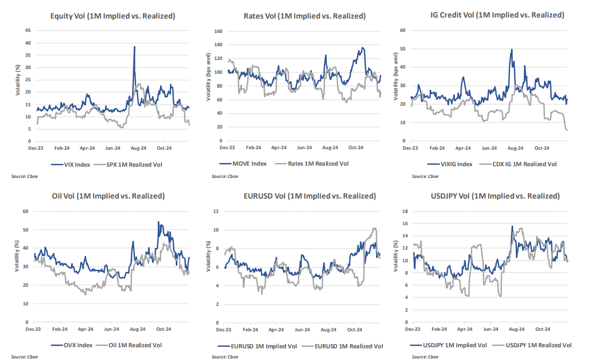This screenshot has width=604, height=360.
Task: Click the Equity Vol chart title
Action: click(113, 16)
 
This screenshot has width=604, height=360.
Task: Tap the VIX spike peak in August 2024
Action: click(134, 47)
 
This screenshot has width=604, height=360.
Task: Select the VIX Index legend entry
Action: click(72, 165)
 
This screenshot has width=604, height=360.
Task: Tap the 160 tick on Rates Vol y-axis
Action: click(217, 31)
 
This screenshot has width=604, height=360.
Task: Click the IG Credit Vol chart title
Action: click(496, 15)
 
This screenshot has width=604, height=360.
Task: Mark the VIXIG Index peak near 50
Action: click(512, 49)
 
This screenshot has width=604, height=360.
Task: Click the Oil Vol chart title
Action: click(112, 196)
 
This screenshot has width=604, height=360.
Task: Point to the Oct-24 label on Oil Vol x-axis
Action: click(164, 330)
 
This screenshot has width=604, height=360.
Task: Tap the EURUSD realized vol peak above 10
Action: click(375, 228)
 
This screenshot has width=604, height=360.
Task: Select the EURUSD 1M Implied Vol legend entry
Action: click(259, 346)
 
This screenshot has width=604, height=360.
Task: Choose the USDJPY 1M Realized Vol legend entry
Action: click(538, 345)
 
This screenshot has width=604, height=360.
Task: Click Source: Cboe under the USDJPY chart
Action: click(426, 357)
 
